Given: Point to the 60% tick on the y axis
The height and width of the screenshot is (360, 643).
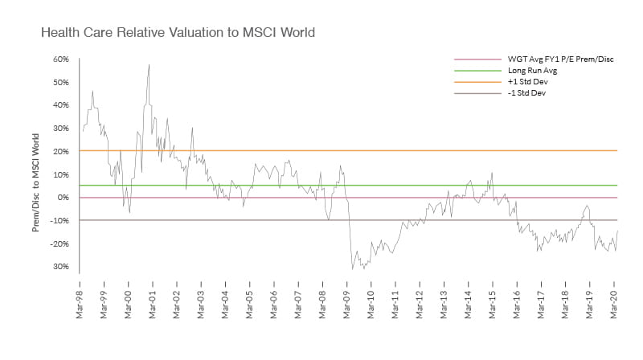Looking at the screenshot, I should coord(61,59).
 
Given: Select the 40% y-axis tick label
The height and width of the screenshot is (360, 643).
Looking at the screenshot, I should coord(61,105).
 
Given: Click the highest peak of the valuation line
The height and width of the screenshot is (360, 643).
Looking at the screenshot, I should coord(149,64).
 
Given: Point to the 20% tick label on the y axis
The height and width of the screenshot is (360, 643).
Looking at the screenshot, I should coord(61,152).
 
